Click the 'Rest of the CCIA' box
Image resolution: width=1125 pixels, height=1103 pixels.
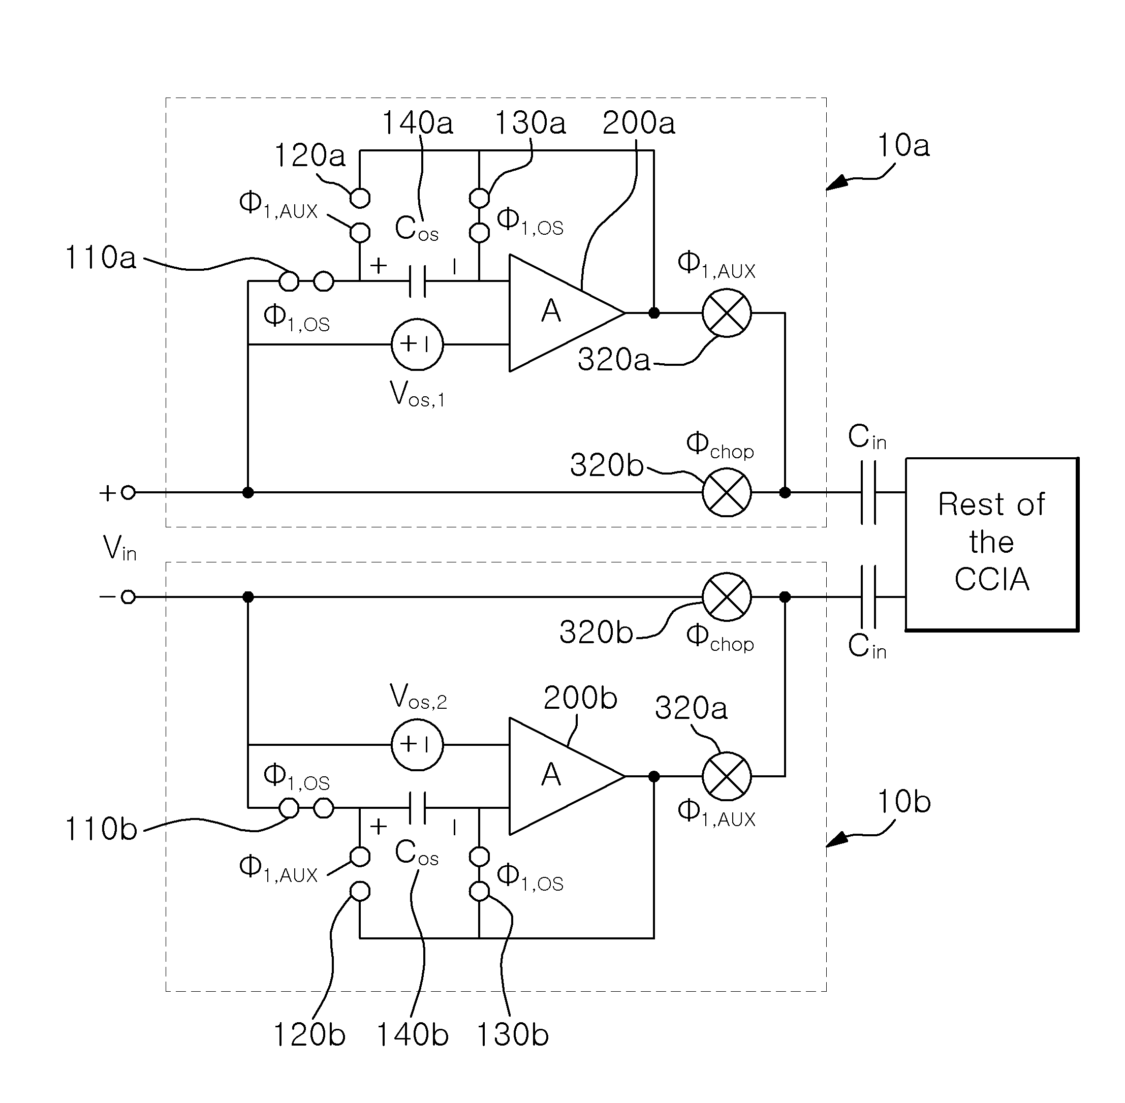992,544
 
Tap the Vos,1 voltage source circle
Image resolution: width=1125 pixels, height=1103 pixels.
417,344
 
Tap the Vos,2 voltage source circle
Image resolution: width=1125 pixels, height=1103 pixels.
417,744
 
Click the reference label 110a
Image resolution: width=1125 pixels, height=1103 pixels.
101,257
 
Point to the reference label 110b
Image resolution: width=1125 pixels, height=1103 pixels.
101,829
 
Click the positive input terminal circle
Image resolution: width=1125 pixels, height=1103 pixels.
129,492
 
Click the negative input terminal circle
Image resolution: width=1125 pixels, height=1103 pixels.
129,596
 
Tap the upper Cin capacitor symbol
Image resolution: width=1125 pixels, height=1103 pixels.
868,492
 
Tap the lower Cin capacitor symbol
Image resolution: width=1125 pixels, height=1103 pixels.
868,596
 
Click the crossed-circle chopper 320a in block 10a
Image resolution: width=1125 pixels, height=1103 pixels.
727,313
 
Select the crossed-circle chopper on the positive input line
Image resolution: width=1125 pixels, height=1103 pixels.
727,492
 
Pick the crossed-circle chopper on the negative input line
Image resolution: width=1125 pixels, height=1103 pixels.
727,596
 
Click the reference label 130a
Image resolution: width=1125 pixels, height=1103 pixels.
529,123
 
